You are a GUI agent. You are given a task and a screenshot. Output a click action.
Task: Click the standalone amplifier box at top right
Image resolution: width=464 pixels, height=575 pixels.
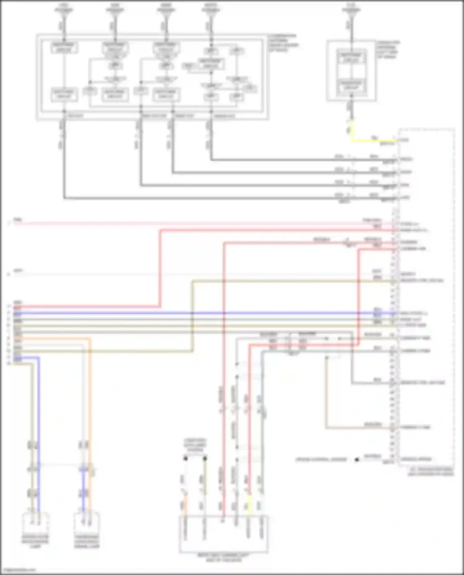[351, 70]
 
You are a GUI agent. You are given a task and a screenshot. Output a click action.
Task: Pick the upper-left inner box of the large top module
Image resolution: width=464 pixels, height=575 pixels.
[64, 47]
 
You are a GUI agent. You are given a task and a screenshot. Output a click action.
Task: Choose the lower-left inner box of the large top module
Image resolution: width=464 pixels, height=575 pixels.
[64, 94]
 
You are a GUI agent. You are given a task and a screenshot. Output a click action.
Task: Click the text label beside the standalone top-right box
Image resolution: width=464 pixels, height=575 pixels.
[387, 49]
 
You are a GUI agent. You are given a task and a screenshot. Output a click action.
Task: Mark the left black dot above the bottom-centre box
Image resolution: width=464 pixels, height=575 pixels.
[185, 459]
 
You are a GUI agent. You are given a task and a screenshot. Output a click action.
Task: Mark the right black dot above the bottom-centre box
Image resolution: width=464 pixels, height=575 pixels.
[205, 459]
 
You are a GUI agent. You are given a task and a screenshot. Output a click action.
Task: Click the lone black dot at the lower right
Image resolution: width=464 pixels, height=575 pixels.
[357, 460]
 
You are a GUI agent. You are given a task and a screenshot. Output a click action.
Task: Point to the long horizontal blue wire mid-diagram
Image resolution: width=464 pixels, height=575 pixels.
[217, 313]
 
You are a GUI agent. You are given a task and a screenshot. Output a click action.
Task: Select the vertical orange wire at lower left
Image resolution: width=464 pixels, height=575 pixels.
[90, 402]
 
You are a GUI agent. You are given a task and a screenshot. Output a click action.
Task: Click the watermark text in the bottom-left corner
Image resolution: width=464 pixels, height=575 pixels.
[18, 570]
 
